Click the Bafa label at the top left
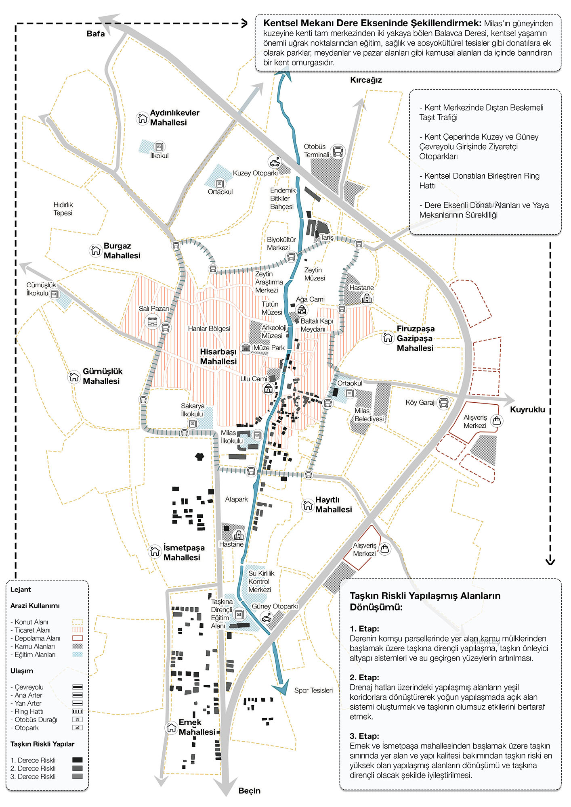pos(96,34)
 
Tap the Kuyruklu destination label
pos(527,410)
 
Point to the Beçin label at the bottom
pos(250,790)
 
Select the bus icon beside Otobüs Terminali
pos(338,152)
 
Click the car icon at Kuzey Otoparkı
pos(275,162)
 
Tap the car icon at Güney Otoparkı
pos(267,618)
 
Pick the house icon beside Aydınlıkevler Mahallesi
pos(142,118)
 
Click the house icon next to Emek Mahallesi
pos(171,727)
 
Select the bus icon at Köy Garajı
pos(443,403)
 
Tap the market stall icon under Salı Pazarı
pos(152,322)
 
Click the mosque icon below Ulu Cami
pos(268,389)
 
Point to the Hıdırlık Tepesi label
pos(63,209)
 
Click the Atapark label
pos(236,499)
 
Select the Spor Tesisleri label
pos(313,690)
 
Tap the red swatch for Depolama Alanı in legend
pos(77,638)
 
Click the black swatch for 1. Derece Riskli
pos(77,760)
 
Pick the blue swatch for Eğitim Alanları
pos(77,654)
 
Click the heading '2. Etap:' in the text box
pos(364,677)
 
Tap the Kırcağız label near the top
pos(366,80)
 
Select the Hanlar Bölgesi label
pos(209,328)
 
